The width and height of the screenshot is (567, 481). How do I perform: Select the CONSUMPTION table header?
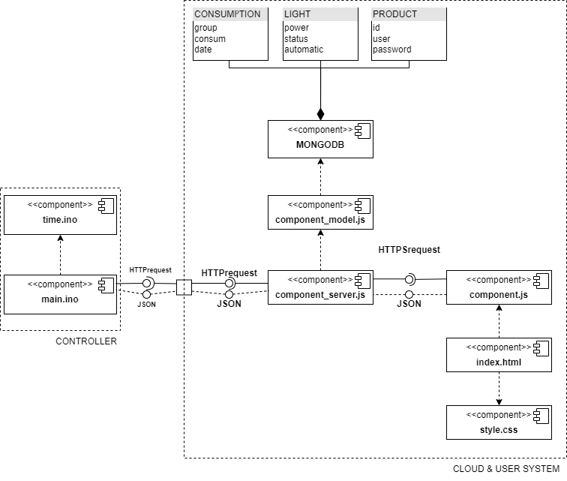click(228, 14)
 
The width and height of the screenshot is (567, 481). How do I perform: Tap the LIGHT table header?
click(298, 14)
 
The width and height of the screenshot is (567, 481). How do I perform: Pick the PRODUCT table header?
click(394, 14)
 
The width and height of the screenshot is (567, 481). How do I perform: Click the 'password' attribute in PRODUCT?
click(391, 50)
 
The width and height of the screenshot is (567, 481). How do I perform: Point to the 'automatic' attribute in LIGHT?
click(304, 50)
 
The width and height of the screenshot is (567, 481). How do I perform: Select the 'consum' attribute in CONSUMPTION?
click(210, 39)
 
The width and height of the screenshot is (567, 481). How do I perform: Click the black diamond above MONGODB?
click(320, 114)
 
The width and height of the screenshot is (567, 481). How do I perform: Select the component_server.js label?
click(320, 295)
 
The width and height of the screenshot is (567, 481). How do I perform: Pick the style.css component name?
click(499, 430)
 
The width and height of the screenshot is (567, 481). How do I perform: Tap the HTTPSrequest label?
click(409, 249)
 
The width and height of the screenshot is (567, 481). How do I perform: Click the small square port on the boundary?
click(184, 287)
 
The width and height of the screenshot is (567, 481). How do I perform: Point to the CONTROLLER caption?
click(86, 341)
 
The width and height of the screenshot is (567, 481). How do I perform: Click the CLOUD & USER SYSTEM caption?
click(507, 469)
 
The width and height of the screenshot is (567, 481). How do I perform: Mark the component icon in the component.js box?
click(539, 280)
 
